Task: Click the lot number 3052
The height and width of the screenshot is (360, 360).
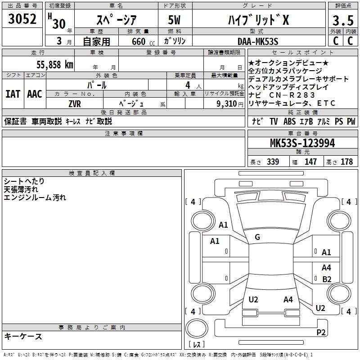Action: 22,19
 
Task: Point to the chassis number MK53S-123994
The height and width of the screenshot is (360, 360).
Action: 303,143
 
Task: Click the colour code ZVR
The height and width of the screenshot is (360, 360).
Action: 75,103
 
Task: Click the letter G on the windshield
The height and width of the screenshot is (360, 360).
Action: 257,237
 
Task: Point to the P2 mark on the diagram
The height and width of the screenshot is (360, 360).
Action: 321,333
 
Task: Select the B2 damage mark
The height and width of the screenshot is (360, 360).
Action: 327,279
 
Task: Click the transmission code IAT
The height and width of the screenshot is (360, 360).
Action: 13,94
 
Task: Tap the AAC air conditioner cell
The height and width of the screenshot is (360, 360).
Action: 35,94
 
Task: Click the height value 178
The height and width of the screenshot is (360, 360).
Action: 346,162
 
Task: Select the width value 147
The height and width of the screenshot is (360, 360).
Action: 310,162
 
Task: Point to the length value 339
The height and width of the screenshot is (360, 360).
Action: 273,162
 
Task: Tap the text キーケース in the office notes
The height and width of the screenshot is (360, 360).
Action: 23,337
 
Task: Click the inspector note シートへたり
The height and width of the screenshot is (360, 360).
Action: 24,181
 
